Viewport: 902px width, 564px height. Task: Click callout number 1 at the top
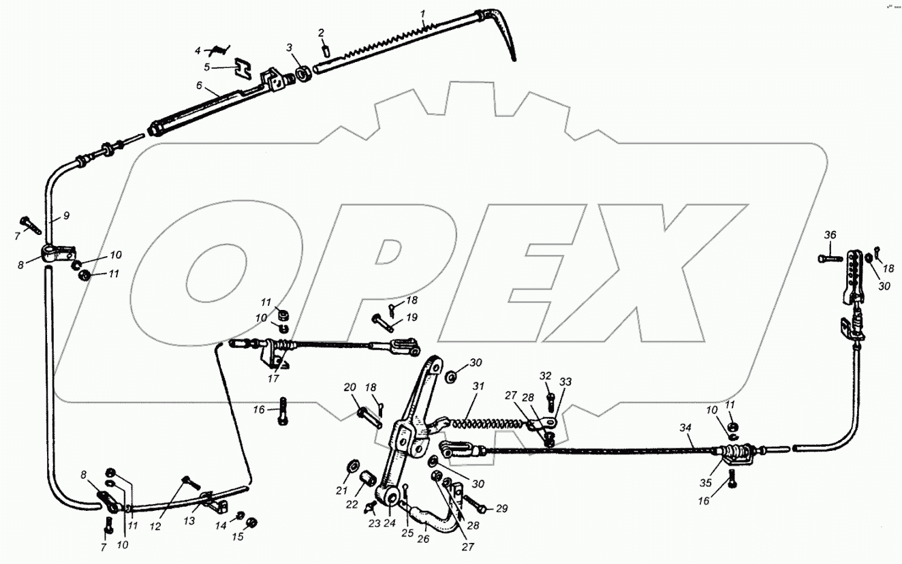pos(423,13)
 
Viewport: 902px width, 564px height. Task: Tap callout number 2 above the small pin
pos(322,33)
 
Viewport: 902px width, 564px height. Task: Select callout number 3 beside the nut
pos(289,48)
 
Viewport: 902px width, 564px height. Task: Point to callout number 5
pos(207,67)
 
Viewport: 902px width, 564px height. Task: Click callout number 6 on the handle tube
pos(199,87)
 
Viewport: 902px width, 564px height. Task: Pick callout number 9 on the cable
pos(67,215)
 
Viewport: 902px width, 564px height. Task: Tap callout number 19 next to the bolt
pos(411,317)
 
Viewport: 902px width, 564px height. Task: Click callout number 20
pos(350,387)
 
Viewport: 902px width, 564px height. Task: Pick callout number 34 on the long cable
pos(685,428)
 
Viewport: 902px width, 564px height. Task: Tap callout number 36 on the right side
pos(829,235)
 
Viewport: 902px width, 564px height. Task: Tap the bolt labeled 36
pos(829,258)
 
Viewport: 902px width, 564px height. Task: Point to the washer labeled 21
pos(354,467)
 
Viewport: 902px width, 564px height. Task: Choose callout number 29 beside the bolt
pos(502,509)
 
